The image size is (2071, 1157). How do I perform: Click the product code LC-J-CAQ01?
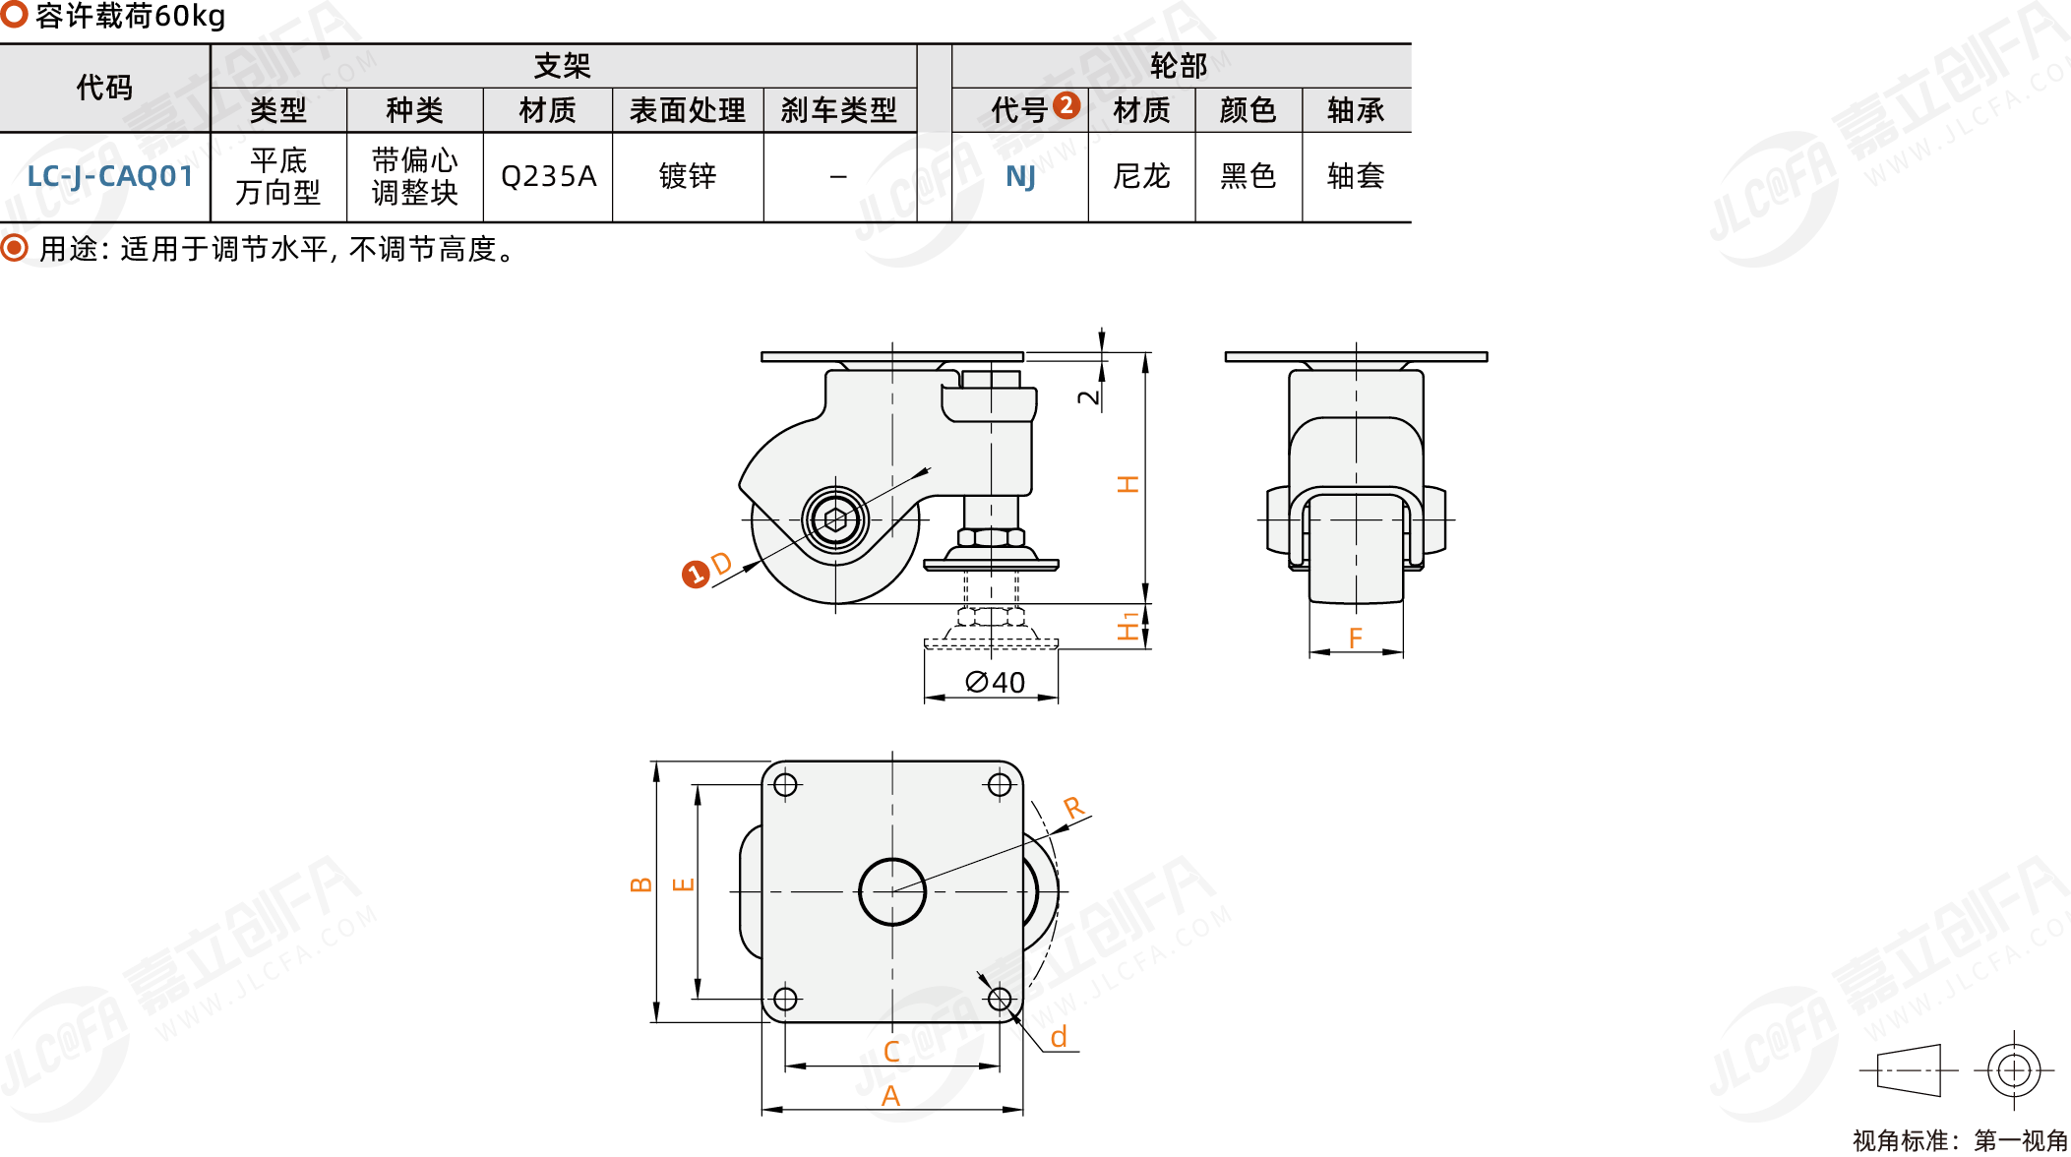tap(109, 177)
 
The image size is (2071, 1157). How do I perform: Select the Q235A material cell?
tap(548, 177)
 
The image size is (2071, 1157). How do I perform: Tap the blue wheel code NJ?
tap(1020, 177)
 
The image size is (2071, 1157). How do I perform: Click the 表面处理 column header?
tap(688, 110)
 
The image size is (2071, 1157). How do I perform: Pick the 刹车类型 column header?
tap(839, 110)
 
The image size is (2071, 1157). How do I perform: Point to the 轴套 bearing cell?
tap(1356, 177)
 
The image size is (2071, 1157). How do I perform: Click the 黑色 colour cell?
tap(1248, 177)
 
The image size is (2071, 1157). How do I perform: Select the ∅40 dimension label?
tap(995, 682)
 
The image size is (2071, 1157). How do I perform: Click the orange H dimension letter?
tap(1127, 483)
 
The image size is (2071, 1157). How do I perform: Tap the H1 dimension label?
tap(1128, 627)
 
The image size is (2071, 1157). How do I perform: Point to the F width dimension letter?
tap(1356, 639)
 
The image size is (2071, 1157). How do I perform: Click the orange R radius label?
tap(1073, 809)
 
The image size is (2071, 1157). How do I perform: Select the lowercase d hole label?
tap(1059, 1037)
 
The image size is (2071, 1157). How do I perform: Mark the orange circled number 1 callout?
tap(696, 575)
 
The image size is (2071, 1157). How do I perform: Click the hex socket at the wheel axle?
tap(835, 519)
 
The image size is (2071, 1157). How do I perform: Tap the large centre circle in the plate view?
tap(892, 891)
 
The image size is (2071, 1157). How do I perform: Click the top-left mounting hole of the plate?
tap(785, 784)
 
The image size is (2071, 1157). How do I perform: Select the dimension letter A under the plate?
tap(891, 1095)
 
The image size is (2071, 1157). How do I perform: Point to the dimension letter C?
tap(891, 1052)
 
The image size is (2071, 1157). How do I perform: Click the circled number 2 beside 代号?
tap(1066, 105)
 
